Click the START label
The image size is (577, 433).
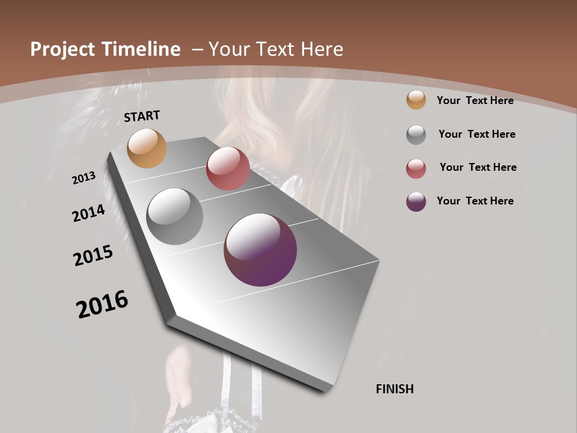coord(142,116)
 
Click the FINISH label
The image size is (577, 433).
coord(395,389)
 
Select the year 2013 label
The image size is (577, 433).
coord(84,177)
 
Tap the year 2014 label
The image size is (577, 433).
coord(89,213)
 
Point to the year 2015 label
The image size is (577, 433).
coord(93,255)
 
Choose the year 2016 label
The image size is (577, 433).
coord(102,304)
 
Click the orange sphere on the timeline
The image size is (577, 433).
coord(147,148)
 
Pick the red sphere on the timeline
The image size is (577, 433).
coord(228,168)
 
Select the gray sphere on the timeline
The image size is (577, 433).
coord(174,216)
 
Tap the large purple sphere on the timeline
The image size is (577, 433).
coord(260,250)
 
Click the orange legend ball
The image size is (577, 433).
coord(416,100)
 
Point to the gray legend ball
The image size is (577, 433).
coord(416,135)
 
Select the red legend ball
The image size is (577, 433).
coord(416,168)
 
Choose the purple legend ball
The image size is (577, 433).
coord(416,201)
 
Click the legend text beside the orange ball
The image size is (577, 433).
coord(475,100)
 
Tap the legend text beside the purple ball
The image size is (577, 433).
coord(475,201)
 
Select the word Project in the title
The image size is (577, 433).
coord(62,49)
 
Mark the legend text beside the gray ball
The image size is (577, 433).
coord(477,134)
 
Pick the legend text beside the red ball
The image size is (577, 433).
coord(478,167)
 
